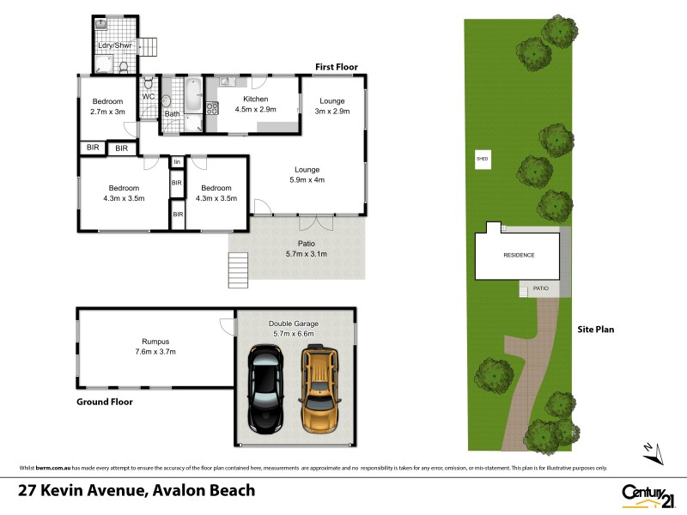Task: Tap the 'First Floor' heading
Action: pyautogui.click(x=337, y=67)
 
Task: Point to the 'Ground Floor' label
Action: pyautogui.click(x=104, y=401)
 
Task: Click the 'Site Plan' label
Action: pyautogui.click(x=595, y=329)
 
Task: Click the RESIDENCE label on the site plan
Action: pyautogui.click(x=519, y=255)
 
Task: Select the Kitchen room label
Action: pyautogui.click(x=246, y=100)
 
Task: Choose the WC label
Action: pyautogui.click(x=148, y=96)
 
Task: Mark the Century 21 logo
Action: pyautogui.click(x=645, y=494)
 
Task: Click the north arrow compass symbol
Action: pyautogui.click(x=649, y=449)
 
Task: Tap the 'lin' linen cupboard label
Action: pyautogui.click(x=177, y=161)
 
